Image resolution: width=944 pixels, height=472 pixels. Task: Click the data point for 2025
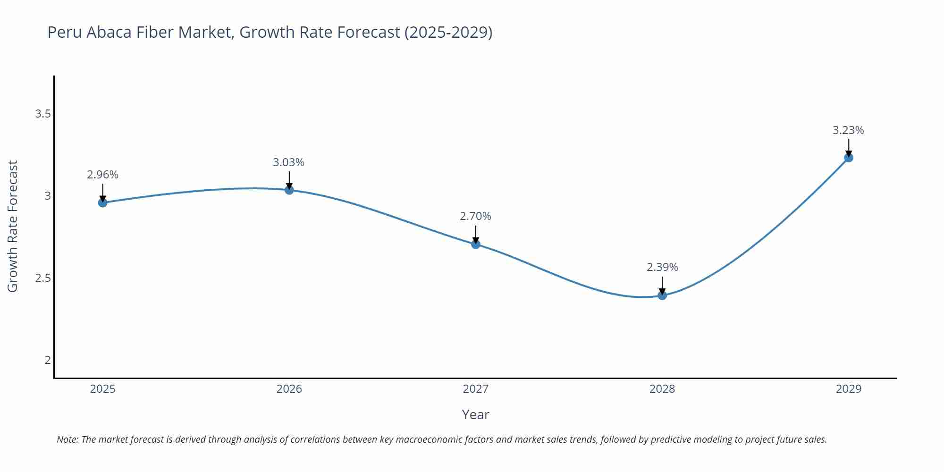[102, 202]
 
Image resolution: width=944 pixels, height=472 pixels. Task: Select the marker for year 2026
[289, 190]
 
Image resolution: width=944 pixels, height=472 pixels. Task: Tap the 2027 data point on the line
[476, 244]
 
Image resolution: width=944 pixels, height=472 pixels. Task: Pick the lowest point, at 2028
[662, 295]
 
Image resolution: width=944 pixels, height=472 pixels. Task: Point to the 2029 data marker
[849, 158]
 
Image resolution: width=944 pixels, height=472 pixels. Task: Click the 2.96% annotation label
[102, 175]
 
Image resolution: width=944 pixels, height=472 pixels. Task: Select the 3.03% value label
[288, 162]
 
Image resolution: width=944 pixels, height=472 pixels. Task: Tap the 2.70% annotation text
[475, 216]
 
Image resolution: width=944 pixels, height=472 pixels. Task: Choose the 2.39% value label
[662, 267]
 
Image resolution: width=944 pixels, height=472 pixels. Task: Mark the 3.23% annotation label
[848, 130]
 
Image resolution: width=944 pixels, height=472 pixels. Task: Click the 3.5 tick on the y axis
[43, 114]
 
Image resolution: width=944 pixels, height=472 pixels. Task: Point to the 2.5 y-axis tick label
[43, 278]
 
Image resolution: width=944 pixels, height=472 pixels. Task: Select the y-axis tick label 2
[48, 360]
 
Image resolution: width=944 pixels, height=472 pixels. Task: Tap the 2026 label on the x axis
[289, 389]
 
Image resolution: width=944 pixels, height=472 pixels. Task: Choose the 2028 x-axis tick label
[662, 389]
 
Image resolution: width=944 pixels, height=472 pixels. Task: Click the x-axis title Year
[475, 414]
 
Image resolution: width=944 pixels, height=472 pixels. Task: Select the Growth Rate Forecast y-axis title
[13, 226]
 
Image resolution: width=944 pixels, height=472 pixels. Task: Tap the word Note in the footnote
[67, 439]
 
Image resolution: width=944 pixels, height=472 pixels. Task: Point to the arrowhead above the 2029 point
[849, 154]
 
